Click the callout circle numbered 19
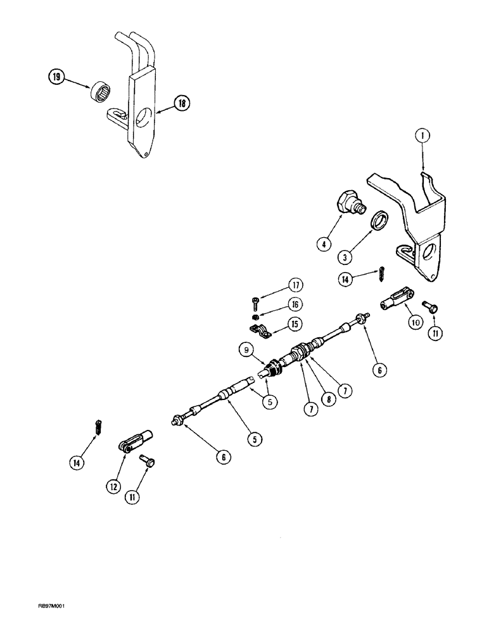pos(56,78)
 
